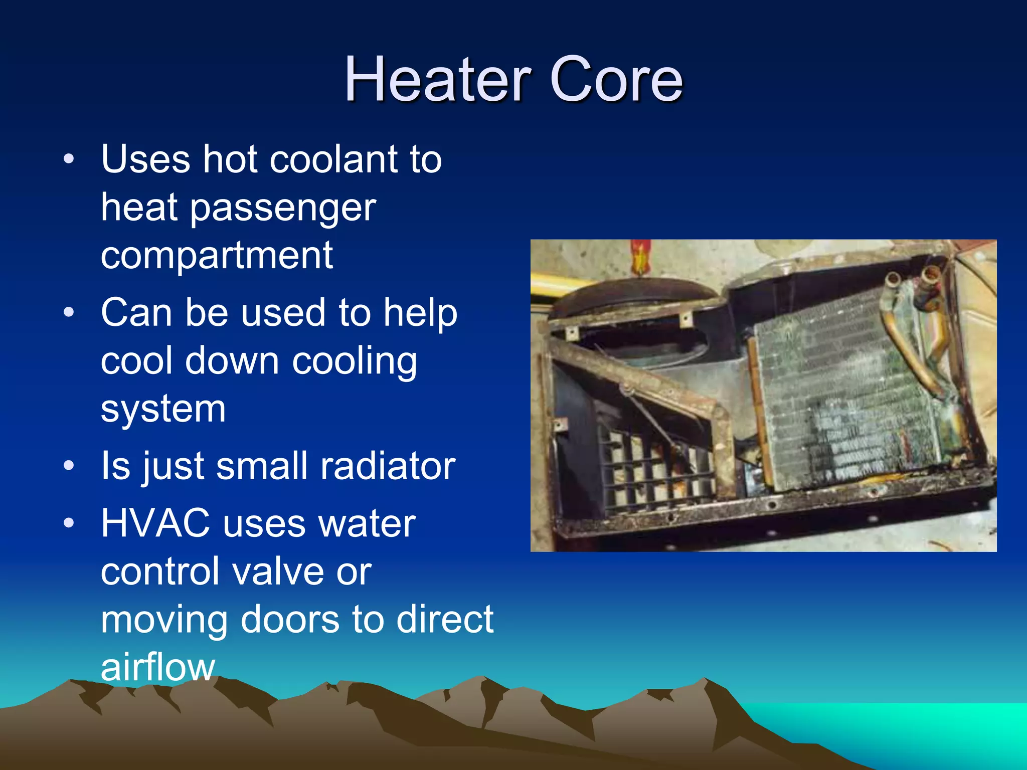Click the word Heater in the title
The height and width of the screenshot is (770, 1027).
[437, 79]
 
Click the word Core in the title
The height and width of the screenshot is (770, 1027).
[616, 79]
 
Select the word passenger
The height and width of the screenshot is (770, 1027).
[283, 209]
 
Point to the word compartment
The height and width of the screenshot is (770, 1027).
[217, 255]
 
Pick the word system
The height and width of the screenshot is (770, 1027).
[163, 409]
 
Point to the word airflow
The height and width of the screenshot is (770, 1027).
[158, 667]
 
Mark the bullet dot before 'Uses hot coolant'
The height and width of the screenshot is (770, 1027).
[69, 160]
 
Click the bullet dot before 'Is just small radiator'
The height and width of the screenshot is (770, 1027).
[69, 466]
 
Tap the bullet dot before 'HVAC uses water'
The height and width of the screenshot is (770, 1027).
[69, 523]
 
